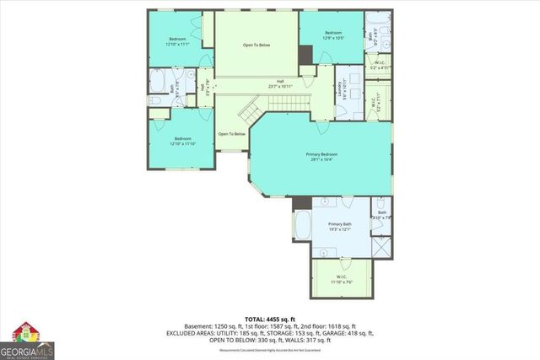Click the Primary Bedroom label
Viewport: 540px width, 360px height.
[321, 158]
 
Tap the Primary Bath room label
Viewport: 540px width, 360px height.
[339, 226]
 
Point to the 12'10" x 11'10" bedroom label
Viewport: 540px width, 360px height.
[182, 141]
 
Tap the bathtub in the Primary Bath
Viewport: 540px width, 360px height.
[302, 226]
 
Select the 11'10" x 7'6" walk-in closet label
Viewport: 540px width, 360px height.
[342, 279]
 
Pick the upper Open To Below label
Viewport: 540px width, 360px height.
[256, 45]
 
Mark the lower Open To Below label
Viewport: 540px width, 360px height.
[232, 134]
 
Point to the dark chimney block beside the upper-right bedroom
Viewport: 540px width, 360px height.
[305, 55]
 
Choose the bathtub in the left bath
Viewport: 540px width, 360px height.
[159, 83]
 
